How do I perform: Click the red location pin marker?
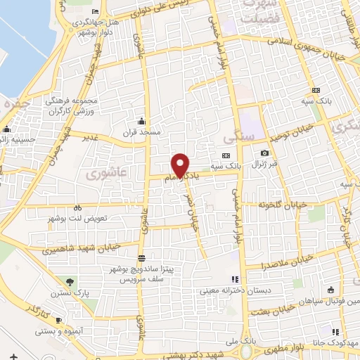pyautogui.click(x=181, y=165)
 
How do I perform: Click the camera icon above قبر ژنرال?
pyautogui.click(x=264, y=153)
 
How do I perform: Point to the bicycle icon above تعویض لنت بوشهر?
pyautogui.click(x=78, y=207)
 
